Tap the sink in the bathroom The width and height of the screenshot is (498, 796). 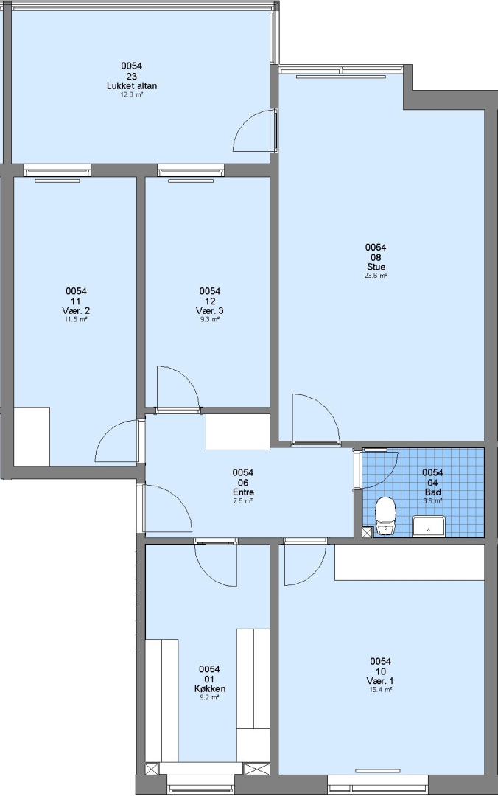pyautogui.click(x=429, y=526)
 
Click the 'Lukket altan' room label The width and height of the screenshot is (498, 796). pyautogui.click(x=131, y=86)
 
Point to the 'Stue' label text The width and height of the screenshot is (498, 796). pyautogui.click(x=376, y=267)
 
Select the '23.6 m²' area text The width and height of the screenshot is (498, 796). pyautogui.click(x=376, y=276)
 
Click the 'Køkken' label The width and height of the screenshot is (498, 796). pyautogui.click(x=210, y=689)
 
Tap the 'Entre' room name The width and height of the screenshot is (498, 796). pyautogui.click(x=243, y=492)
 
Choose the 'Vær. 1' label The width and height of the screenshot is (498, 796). pyautogui.click(x=380, y=681)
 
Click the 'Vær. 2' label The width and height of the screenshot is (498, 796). pyautogui.click(x=76, y=311)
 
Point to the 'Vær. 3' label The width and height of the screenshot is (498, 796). pyautogui.click(x=210, y=311)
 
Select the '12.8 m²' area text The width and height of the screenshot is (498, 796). pyautogui.click(x=131, y=94)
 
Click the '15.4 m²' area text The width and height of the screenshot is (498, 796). pyautogui.click(x=380, y=690)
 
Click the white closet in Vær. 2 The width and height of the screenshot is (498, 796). pyautogui.click(x=32, y=436)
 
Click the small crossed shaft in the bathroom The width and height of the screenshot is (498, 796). pyautogui.click(x=367, y=533)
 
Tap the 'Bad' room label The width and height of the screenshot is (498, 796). pyautogui.click(x=432, y=492)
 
